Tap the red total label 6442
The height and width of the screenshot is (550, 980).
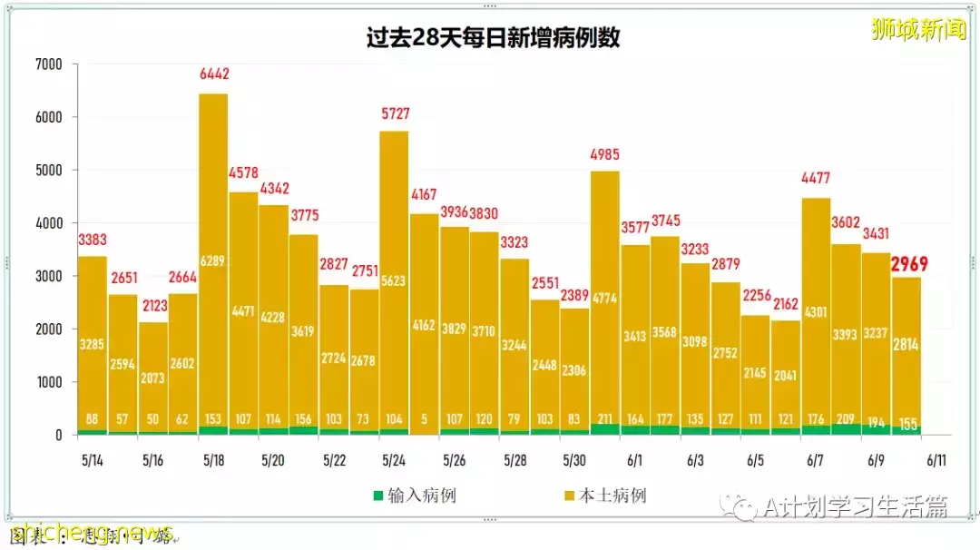(214, 74)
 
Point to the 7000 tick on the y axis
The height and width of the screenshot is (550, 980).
(48, 64)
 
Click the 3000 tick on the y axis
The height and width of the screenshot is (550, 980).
(48, 276)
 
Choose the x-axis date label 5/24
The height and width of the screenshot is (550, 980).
(394, 460)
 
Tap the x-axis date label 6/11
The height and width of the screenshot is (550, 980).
(936, 460)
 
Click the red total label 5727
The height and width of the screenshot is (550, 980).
(395, 113)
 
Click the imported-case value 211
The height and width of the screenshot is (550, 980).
(605, 419)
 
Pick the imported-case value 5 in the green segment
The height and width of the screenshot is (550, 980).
(425, 419)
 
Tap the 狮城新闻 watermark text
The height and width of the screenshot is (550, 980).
(918, 30)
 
